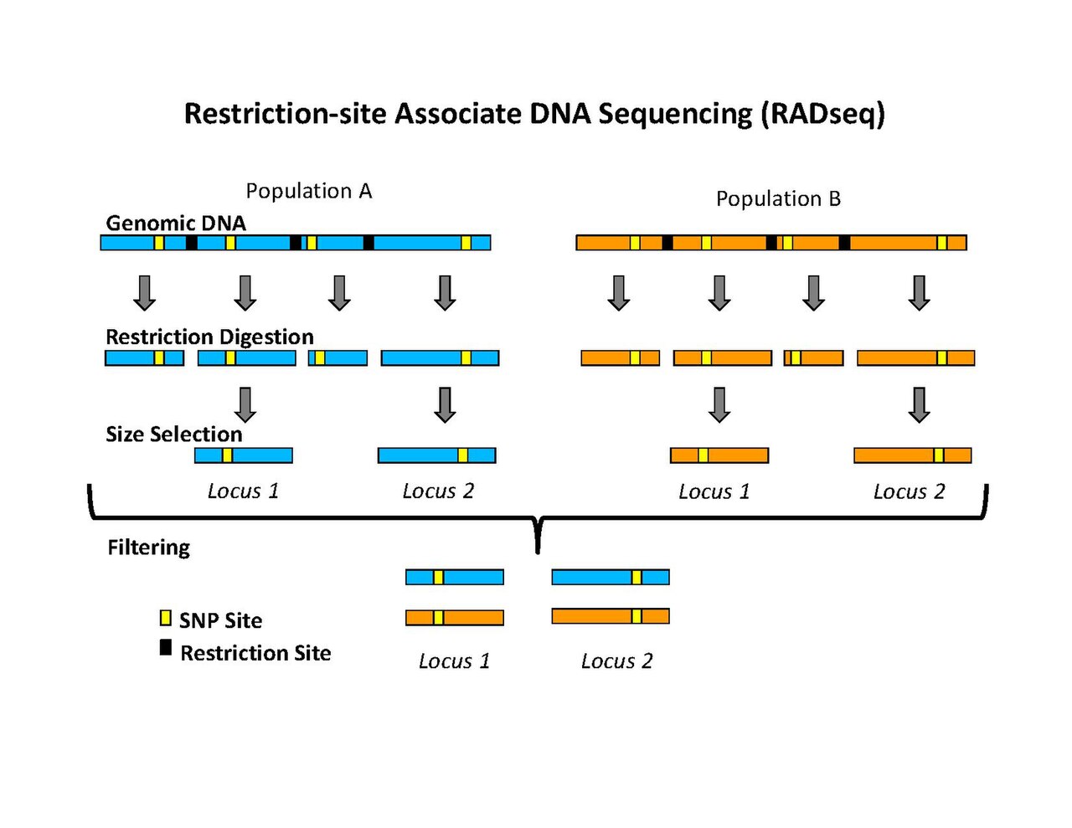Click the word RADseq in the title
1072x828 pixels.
coord(823,115)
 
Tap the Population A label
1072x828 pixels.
coord(308,191)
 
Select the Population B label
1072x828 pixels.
coord(778,198)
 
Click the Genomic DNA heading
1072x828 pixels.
coord(176,223)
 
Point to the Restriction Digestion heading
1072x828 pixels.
coord(209,337)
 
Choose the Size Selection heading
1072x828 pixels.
coord(174,434)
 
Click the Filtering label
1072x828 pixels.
coord(148,548)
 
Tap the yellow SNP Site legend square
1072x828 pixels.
coord(165,618)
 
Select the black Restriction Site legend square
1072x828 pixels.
coord(165,647)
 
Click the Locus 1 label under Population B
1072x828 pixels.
coord(714,491)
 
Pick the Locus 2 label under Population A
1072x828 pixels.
coord(438,491)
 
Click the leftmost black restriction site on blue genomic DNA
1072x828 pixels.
coord(192,243)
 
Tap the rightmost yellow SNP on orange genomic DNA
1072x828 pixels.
coord(941,243)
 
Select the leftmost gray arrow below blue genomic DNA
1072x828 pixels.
coord(145,293)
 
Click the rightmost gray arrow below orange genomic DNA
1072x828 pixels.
coord(919,293)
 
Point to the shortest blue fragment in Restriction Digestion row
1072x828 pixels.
coord(338,357)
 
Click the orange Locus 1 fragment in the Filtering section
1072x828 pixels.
coord(455,617)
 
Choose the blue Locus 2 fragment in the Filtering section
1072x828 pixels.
coord(611,577)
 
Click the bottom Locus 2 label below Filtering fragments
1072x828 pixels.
coord(616,661)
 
